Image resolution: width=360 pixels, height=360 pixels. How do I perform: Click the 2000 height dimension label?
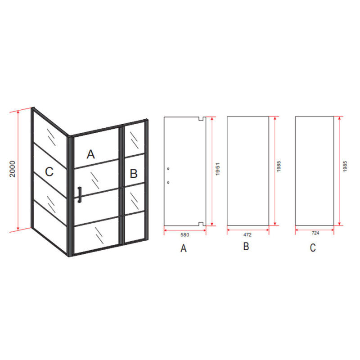pos(13,169)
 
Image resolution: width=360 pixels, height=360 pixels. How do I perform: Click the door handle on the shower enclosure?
pos(80,195)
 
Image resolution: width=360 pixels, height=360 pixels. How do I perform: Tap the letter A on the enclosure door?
pos(91,154)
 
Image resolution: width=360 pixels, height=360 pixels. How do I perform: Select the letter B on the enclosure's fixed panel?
pos(134,173)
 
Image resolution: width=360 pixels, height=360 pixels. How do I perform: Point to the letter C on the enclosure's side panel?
pos(49,172)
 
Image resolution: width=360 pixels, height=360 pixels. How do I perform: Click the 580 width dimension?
pos(185,235)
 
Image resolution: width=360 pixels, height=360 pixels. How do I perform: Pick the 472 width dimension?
pos(247,235)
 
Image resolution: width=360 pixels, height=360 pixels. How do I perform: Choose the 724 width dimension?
pos(315,233)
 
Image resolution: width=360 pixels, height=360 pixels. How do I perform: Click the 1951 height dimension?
pos(218,169)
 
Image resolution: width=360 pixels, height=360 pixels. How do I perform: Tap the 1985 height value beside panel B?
pos(279,166)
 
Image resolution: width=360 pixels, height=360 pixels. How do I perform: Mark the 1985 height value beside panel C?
pos(345,166)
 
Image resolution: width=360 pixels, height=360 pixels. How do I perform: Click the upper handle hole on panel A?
pos(168,169)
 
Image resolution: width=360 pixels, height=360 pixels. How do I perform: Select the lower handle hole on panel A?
pos(168,183)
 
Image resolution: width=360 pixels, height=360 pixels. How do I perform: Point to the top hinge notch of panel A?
pos(201,119)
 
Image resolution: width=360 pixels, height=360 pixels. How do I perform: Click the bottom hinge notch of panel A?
pos(201,224)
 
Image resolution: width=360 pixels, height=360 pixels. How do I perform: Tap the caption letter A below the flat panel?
pos(184,248)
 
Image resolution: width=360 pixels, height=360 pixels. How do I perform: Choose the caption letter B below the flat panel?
pos(246,246)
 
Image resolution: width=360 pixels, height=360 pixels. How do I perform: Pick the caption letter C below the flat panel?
pos(313,247)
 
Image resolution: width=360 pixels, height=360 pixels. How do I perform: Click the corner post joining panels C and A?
pos(70,196)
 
